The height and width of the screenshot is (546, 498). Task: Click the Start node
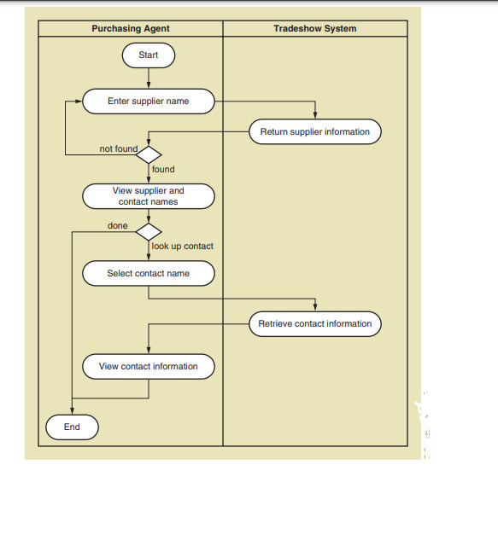(x=149, y=55)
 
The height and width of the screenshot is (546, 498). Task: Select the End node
(x=73, y=427)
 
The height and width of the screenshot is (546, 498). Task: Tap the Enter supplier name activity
(x=149, y=102)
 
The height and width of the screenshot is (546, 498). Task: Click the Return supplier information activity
(x=315, y=131)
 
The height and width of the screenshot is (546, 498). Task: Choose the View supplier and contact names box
(x=149, y=196)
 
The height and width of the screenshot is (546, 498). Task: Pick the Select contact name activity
(x=149, y=273)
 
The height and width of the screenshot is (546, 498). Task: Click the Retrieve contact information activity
(x=315, y=324)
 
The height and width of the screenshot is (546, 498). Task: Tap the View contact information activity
(x=149, y=366)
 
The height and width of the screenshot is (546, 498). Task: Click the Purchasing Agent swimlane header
(x=131, y=28)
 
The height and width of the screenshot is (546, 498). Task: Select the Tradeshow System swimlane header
(x=315, y=28)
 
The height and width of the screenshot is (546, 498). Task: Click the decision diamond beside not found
(x=149, y=154)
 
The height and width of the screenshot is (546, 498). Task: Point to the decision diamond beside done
(x=149, y=232)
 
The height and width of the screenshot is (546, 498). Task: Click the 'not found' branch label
(x=119, y=148)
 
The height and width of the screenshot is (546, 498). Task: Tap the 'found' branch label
(x=163, y=169)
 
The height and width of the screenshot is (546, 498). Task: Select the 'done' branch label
(x=118, y=225)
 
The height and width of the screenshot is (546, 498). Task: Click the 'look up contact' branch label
(x=183, y=247)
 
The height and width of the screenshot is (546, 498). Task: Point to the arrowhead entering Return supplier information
(x=315, y=116)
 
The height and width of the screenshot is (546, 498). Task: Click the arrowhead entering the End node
(x=73, y=411)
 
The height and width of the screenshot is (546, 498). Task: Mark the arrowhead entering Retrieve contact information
(x=315, y=307)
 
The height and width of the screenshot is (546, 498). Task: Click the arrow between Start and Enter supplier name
(x=149, y=78)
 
